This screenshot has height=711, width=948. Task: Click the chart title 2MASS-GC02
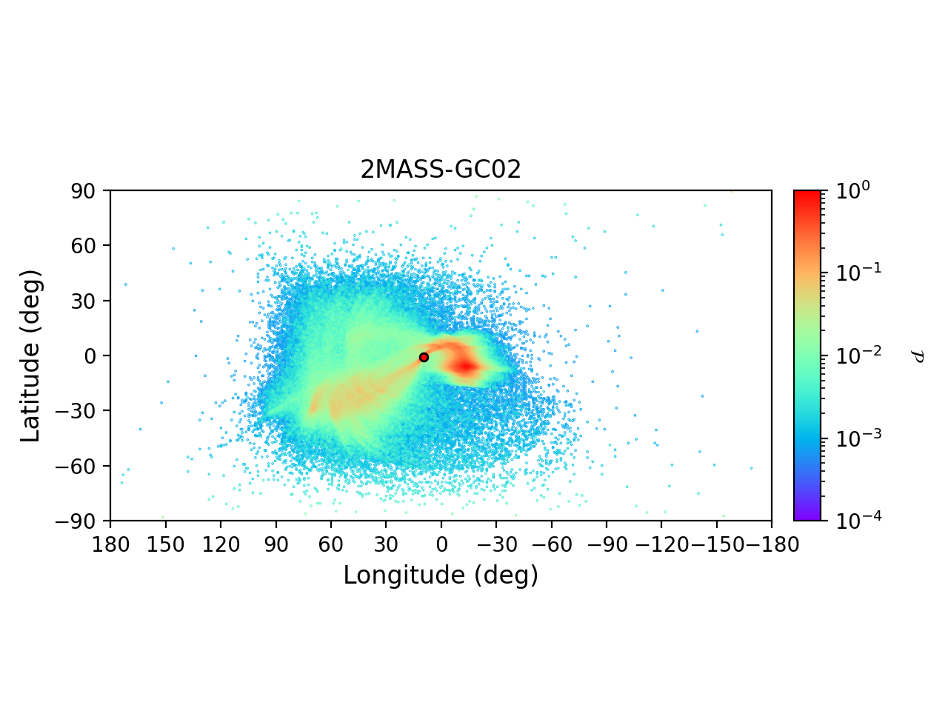(x=441, y=170)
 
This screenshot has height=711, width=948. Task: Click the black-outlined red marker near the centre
(x=424, y=357)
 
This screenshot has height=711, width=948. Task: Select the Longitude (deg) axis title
(x=441, y=575)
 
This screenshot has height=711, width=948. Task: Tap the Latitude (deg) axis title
(x=30, y=355)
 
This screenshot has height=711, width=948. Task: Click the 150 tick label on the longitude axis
(x=165, y=545)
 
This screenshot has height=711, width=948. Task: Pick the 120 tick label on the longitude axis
(x=221, y=545)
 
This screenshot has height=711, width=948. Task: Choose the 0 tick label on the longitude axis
(x=441, y=545)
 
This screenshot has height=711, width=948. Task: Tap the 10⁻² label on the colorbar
(x=852, y=355)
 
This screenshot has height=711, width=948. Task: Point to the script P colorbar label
(x=918, y=356)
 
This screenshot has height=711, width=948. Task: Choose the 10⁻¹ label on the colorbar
(x=852, y=273)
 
